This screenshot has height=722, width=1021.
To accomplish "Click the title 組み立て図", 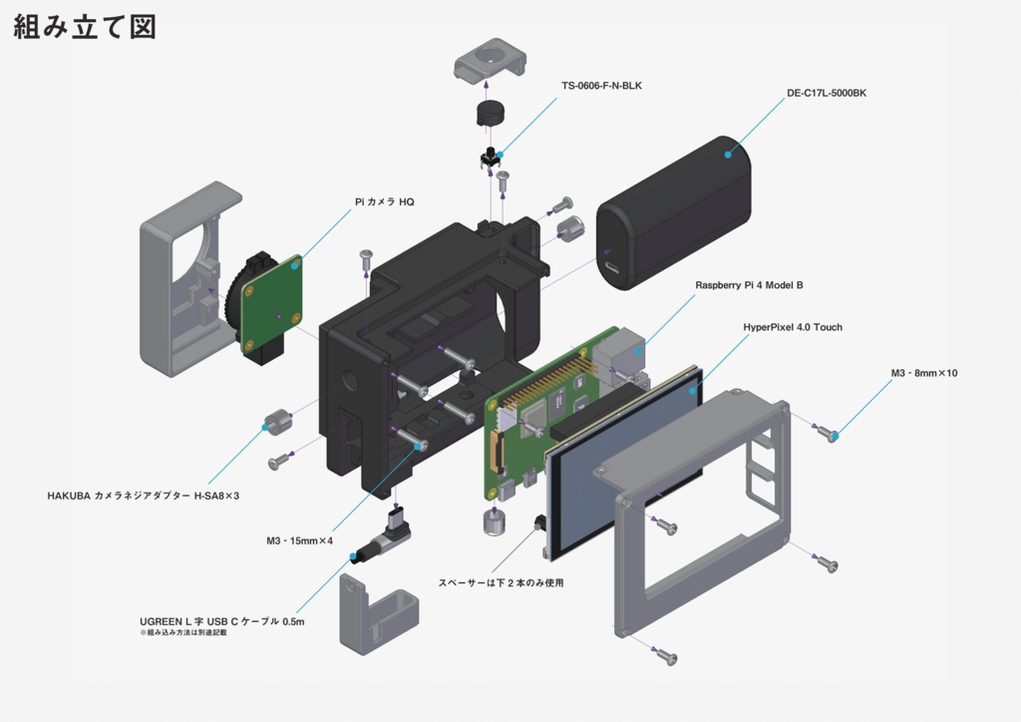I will (x=85, y=27).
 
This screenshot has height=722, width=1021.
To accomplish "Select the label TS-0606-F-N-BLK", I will (x=601, y=86).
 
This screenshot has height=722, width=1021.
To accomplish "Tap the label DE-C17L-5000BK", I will (x=826, y=94).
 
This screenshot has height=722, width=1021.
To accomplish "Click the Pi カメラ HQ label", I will (x=384, y=201).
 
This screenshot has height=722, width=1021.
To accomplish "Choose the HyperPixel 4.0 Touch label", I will (x=792, y=327).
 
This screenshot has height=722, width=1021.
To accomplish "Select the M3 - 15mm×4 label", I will (x=299, y=541).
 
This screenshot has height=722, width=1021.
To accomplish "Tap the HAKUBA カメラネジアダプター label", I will (x=144, y=495).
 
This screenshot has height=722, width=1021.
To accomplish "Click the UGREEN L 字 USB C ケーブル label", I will (x=221, y=620).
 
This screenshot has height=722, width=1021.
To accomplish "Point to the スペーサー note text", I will (x=501, y=582).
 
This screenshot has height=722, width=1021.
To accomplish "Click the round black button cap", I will (x=487, y=112).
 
